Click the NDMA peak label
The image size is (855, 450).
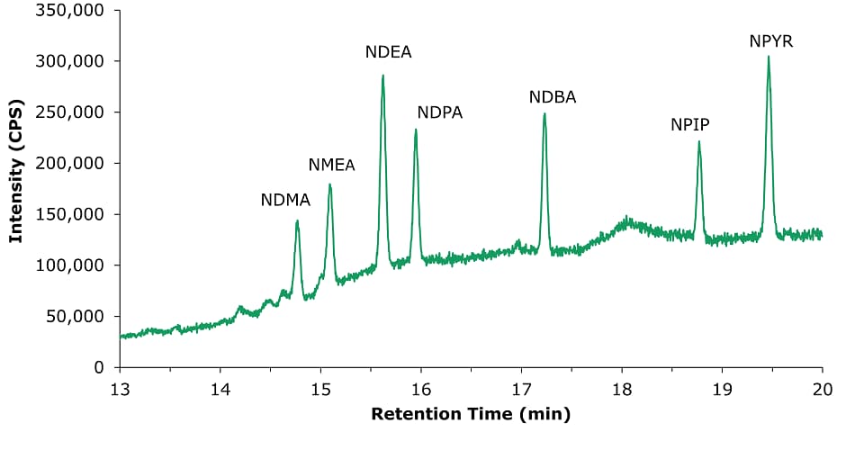[x=285, y=201]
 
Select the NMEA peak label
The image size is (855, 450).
[x=332, y=166]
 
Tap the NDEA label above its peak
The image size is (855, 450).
[x=389, y=52]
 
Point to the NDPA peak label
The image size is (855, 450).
[x=440, y=112]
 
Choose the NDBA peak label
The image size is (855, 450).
[x=553, y=97]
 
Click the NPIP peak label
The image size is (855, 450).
[x=690, y=125]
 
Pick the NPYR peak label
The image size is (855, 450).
[x=771, y=41]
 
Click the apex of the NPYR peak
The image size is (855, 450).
[x=769, y=57]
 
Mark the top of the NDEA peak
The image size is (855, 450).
[x=382, y=76]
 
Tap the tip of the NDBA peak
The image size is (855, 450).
[x=544, y=113]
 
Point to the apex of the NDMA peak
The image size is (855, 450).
[x=297, y=220]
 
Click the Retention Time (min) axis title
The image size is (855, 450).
[x=471, y=415]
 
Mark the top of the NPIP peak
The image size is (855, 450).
[x=698, y=141]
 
